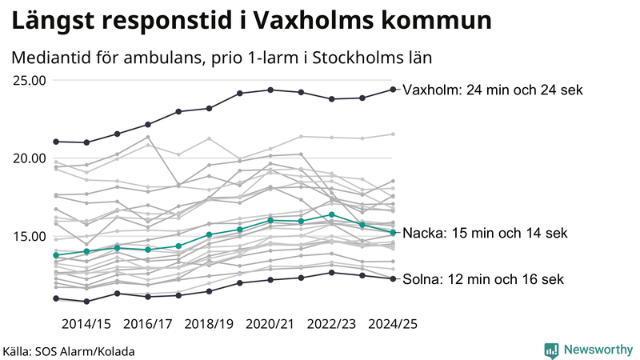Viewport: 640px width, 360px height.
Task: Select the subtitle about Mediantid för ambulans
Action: coord(222,58)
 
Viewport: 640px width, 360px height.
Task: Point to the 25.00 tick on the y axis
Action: coord(30,80)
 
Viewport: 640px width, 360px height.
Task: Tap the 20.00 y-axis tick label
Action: coord(30,158)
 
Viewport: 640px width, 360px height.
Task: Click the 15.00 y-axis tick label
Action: coord(30,236)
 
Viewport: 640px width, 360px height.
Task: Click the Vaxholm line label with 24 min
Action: coord(492,90)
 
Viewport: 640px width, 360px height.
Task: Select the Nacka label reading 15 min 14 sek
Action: coord(485,234)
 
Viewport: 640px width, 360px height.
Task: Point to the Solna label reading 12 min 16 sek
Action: coord(483,279)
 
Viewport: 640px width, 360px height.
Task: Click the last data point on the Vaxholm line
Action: coord(393,90)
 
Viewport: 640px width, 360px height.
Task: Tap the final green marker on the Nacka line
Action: coord(393,233)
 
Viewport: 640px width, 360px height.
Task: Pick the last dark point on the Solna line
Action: coord(393,278)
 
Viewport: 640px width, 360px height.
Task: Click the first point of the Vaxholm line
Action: coord(56,142)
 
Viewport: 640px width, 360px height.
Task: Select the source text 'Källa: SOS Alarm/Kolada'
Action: coord(69,351)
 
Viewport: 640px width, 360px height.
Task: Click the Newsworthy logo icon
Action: coord(551,350)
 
